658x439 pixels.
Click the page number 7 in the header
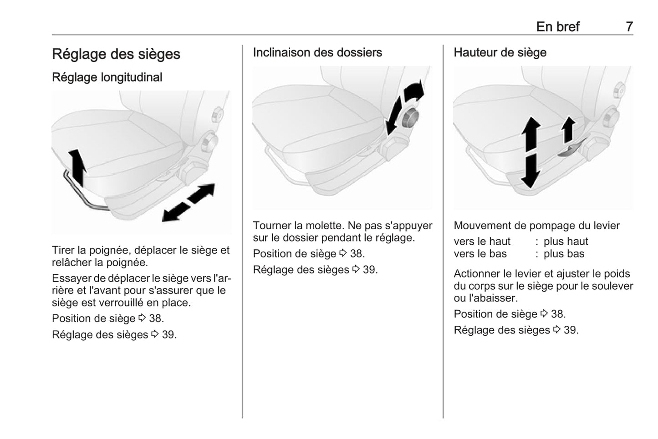click(x=629, y=27)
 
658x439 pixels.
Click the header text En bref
click(x=557, y=27)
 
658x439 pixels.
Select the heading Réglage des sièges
click(x=116, y=54)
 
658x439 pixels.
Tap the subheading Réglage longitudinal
click(x=107, y=77)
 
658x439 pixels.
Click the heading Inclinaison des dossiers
click(x=317, y=53)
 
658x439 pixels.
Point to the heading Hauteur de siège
click(x=500, y=53)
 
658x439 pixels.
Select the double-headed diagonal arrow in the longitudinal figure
click(x=189, y=202)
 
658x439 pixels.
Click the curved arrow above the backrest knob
click(x=413, y=91)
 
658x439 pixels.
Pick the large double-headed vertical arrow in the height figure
click(x=530, y=152)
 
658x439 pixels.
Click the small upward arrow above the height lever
click(x=568, y=130)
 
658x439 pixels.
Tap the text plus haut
click(x=566, y=242)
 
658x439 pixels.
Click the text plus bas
click(x=564, y=254)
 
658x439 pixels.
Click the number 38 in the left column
click(x=156, y=318)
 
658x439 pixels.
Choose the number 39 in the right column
click(x=571, y=330)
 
